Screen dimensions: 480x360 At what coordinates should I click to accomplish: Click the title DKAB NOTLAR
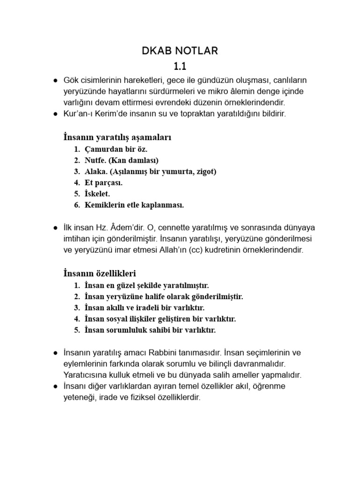[180, 51]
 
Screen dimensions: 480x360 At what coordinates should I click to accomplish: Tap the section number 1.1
[180, 66]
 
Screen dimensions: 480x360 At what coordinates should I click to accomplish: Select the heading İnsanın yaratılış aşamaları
[117, 137]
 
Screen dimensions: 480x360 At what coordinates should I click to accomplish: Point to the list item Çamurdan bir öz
[116, 150]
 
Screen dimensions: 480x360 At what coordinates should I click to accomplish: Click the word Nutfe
[95, 160]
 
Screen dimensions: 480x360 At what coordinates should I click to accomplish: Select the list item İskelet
[98, 194]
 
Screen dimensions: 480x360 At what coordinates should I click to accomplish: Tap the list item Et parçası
[104, 183]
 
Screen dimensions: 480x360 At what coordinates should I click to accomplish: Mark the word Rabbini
[169, 352]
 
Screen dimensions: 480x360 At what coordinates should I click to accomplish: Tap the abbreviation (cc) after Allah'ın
[198, 250]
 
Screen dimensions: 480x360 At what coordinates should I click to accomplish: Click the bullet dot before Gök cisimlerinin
[55, 80]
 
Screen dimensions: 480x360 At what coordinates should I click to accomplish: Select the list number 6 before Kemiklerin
[76, 205]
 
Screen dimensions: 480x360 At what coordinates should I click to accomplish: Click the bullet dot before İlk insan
[55, 228]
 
